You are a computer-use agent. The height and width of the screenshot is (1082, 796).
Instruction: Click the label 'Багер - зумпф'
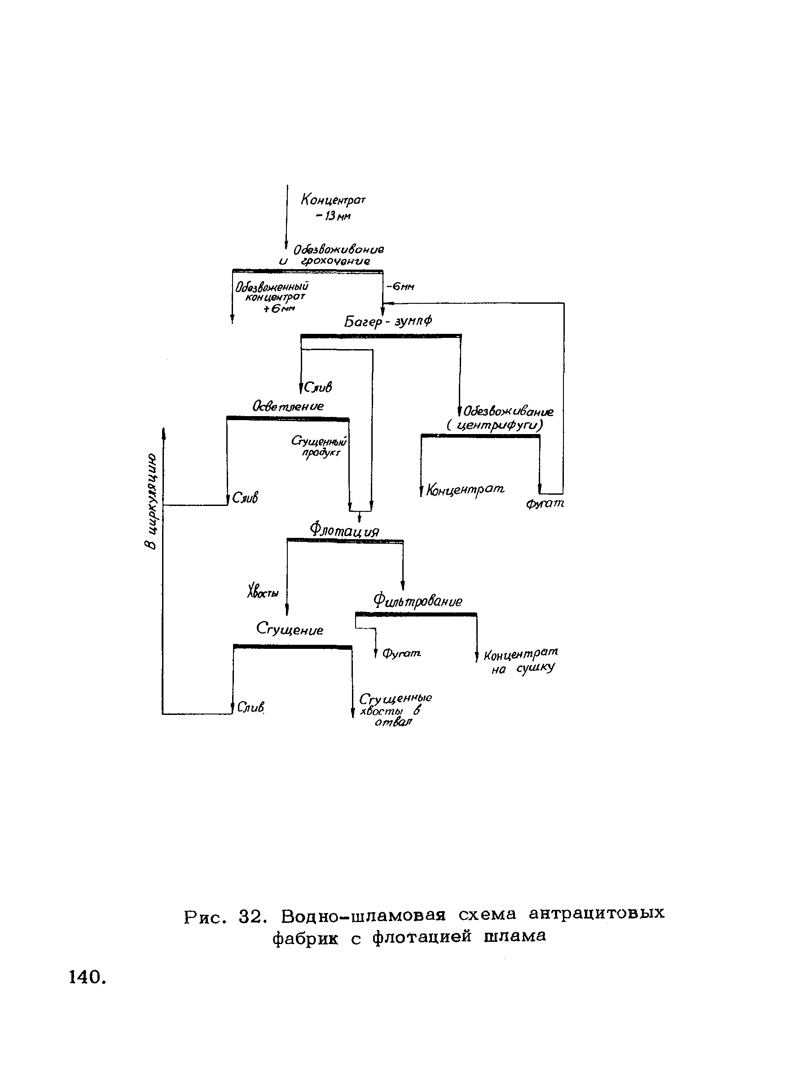pos(388,321)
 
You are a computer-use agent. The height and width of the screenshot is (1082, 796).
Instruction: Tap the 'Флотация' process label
pos(344,530)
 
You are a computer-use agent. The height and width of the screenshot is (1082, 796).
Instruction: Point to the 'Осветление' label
pos(288,406)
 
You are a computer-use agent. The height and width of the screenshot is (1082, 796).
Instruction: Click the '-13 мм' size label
pos(333,216)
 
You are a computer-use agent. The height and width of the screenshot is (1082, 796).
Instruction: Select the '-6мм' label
pos(400,287)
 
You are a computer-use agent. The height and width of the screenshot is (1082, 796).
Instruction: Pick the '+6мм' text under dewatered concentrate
pos(279,308)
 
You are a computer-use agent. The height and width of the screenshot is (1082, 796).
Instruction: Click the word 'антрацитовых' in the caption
pos(597,913)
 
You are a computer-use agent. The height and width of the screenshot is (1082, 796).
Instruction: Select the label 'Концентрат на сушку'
pos(521,661)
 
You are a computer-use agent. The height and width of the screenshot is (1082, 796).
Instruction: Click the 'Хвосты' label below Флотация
pos(263,592)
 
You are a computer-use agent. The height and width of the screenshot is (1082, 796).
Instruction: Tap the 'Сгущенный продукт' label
pos(320,447)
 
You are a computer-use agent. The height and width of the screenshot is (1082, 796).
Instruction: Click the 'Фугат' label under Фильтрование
pos(401,654)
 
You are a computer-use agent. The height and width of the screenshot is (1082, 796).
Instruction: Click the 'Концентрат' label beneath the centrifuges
pos(465,490)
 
